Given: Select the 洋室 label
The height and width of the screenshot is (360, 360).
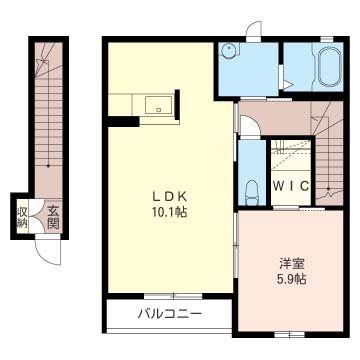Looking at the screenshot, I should tap(292, 263).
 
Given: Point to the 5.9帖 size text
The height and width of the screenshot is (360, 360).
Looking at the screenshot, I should tap(292, 279).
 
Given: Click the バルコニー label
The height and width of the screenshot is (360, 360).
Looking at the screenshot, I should tap(169, 314).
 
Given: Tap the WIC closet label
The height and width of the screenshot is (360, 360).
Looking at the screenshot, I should tap(289, 187).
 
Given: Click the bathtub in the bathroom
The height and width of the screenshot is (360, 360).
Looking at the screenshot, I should tap(326, 72).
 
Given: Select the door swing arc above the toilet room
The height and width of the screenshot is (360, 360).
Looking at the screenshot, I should tap(250, 121).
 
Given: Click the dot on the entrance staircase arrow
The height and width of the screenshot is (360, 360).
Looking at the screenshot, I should tap(46, 164).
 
